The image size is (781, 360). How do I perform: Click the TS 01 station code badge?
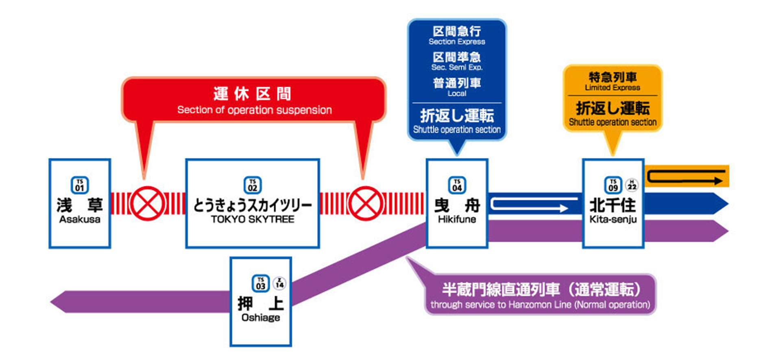(x=80, y=185)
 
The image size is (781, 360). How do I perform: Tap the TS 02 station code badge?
(x=253, y=185)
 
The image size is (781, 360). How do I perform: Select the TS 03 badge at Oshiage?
(x=260, y=284)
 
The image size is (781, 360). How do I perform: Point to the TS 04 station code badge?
(x=457, y=185)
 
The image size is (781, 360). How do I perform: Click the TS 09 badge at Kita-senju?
(x=613, y=185)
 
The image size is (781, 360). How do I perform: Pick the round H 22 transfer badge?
(x=632, y=185)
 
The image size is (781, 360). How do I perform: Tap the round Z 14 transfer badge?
(x=279, y=283)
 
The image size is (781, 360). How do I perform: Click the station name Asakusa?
(x=80, y=220)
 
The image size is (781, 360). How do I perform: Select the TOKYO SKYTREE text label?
(x=253, y=220)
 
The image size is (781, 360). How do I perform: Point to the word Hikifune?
(x=457, y=220)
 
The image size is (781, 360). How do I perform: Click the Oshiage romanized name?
(x=261, y=318)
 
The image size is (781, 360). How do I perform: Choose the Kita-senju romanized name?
(x=613, y=220)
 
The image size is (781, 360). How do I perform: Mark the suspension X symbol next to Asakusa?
(x=147, y=203)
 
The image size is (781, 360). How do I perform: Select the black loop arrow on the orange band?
(x=686, y=177)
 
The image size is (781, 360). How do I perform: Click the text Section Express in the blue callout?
(x=457, y=41)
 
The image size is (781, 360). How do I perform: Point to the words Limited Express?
(x=612, y=87)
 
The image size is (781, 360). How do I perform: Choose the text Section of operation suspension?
(x=254, y=110)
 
